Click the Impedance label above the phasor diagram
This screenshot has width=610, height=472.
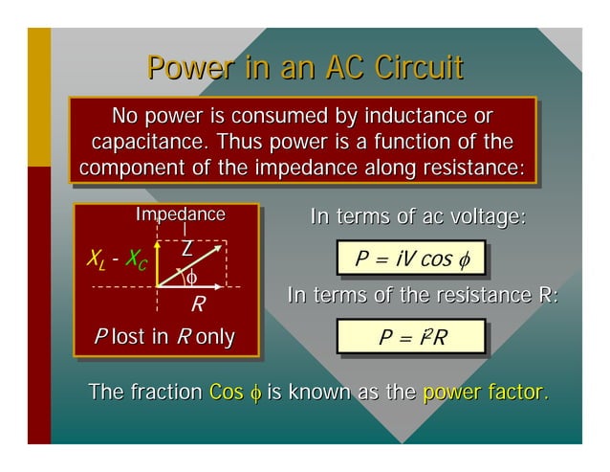181,214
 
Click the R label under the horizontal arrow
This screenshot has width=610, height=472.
198,305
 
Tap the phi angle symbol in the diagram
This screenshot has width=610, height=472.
191,278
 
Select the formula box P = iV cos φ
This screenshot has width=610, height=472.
410,258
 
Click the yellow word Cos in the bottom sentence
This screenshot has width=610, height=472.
226,393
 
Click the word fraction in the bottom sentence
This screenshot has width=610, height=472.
162,393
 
